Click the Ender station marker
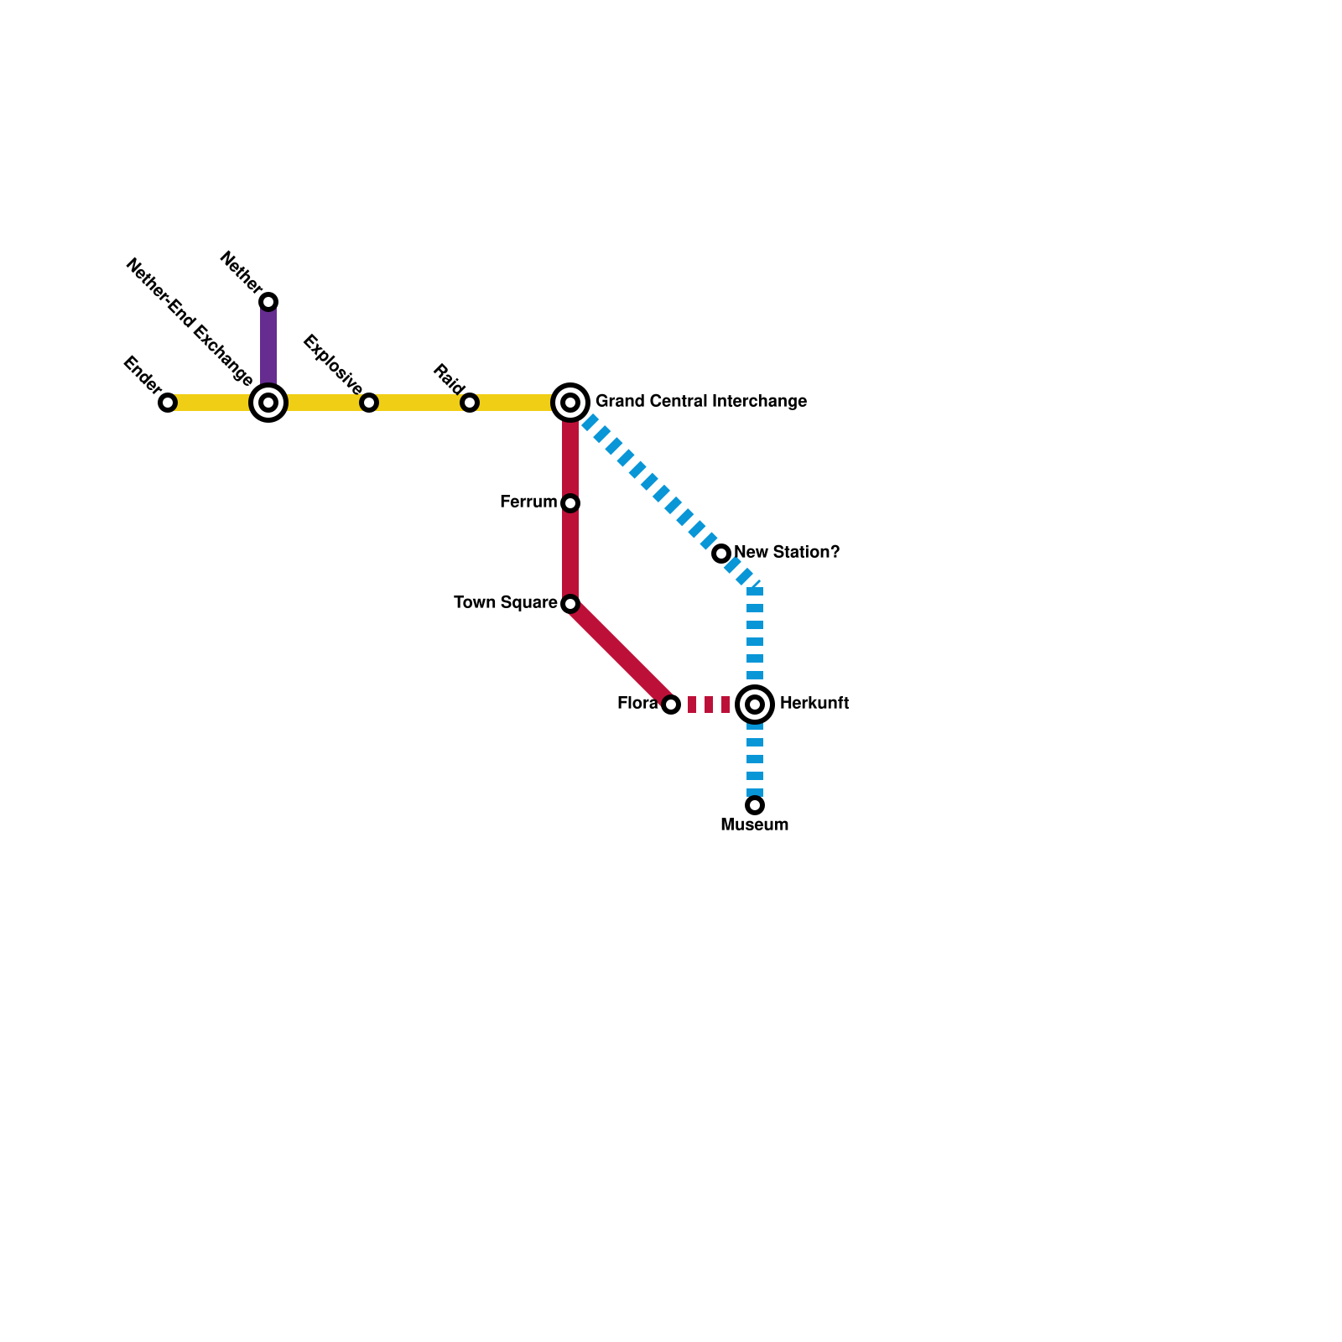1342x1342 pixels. pyautogui.click(x=168, y=403)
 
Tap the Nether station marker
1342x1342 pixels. pyautogui.click(x=268, y=302)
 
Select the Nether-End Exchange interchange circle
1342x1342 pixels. pyautogui.click(x=268, y=403)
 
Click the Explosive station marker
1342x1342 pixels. pyautogui.click(x=369, y=403)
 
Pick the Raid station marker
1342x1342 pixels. pyautogui.click(x=470, y=403)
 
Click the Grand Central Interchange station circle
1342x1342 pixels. pyautogui.click(x=570, y=403)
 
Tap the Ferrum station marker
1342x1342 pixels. pyautogui.click(x=570, y=503)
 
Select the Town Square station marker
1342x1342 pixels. pyautogui.click(x=570, y=604)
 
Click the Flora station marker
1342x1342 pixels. pyautogui.click(x=671, y=705)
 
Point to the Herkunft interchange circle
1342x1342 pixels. pyautogui.click(x=755, y=705)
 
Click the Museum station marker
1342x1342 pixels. pyautogui.click(x=755, y=805)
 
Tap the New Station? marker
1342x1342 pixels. pyautogui.click(x=721, y=554)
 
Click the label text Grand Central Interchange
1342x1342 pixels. pyautogui.click(x=700, y=402)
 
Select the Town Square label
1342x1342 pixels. pyautogui.click(x=505, y=603)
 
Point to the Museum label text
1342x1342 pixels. pyautogui.click(x=754, y=825)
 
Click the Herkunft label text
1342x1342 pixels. pyautogui.click(x=814, y=704)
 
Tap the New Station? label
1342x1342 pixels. pyautogui.click(x=786, y=553)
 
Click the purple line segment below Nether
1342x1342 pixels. pyautogui.click(x=268, y=348)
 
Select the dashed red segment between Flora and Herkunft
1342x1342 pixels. pyautogui.click(x=709, y=705)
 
